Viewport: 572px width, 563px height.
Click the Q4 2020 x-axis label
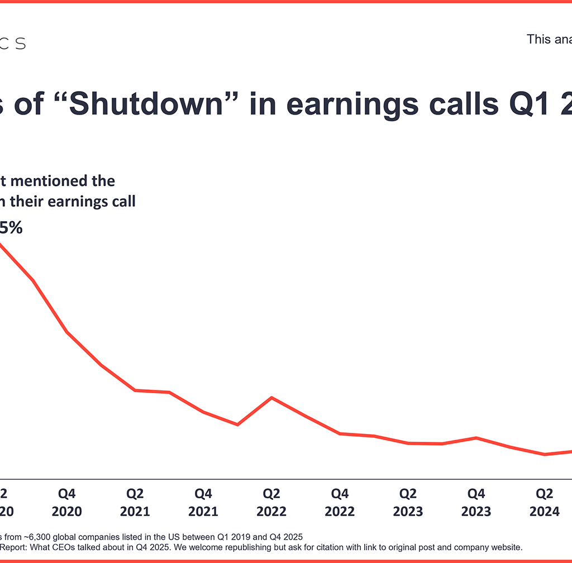[x=67, y=503]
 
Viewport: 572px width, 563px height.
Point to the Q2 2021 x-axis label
[x=135, y=503]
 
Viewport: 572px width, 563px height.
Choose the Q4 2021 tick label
[x=203, y=503]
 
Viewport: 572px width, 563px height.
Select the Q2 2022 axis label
[x=271, y=503]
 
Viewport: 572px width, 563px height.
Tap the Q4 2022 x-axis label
[x=340, y=503]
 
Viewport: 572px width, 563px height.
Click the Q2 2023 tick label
[x=408, y=503]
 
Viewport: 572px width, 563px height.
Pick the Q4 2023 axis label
[x=476, y=503]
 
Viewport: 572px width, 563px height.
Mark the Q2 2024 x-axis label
[x=544, y=503]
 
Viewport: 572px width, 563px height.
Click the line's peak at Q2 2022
[x=271, y=398]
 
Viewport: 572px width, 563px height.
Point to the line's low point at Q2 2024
[x=544, y=454]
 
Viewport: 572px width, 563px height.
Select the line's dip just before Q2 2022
[x=238, y=424]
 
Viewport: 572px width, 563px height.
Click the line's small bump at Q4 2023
[x=476, y=437]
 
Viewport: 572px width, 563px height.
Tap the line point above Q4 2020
[x=67, y=332]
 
